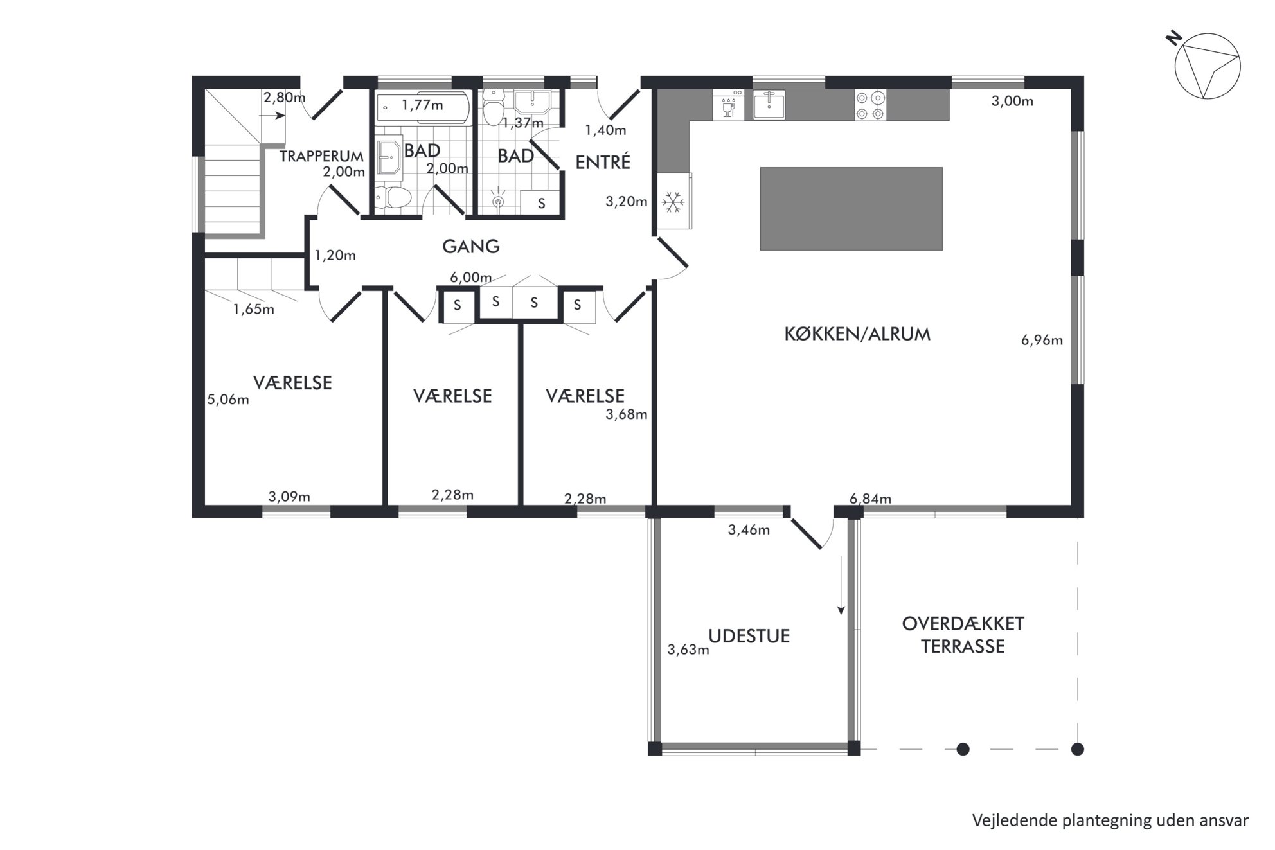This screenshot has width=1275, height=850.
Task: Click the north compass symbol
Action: tap(1206, 67)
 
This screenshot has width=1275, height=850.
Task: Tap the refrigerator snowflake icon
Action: tap(673, 202)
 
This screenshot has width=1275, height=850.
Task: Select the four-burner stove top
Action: tap(870, 105)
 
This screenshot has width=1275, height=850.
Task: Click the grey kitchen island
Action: tap(851, 209)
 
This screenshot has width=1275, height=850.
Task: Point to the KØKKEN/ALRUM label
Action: tap(857, 334)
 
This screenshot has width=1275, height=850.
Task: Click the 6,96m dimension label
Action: tap(1042, 340)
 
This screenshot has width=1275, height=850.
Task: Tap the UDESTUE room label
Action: tap(749, 636)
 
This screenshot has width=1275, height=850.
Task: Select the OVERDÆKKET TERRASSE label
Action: tap(963, 635)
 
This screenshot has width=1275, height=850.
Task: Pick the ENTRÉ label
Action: tap(603, 163)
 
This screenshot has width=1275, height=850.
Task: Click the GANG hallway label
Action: tap(471, 246)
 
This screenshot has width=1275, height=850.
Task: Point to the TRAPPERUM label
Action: tap(321, 156)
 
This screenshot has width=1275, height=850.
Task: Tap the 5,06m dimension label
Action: tap(228, 400)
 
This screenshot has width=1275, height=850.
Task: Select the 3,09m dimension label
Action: tap(289, 497)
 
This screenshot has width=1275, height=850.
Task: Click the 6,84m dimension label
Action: tap(870, 499)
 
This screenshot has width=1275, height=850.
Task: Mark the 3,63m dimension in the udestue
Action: tap(688, 650)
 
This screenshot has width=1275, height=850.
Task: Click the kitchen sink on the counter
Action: tap(769, 105)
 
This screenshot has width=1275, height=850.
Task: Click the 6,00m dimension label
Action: tap(471, 278)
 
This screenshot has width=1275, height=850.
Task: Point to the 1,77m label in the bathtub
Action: tap(422, 105)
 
